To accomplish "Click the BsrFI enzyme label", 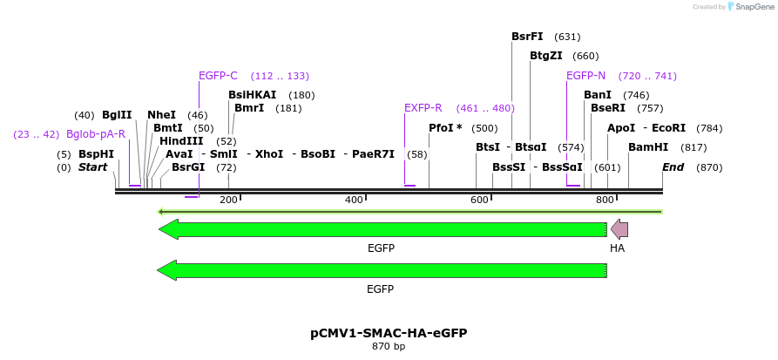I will click(527, 37).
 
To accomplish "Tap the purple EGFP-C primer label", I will click(218, 76).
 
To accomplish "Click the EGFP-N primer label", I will click(585, 76).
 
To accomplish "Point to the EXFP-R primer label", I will click(423, 108).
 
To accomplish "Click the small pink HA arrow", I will click(619, 229).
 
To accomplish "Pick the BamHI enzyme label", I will click(648, 147).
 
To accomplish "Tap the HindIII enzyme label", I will click(181, 140).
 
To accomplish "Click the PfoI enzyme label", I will click(445, 127).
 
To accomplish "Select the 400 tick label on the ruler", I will click(354, 200).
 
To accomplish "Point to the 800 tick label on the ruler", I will click(605, 200).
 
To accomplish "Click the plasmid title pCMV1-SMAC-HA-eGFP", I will click(389, 333).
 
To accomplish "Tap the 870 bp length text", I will click(389, 347).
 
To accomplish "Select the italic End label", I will click(673, 166).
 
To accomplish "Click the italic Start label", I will click(92, 166).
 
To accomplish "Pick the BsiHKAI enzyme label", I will click(252, 95).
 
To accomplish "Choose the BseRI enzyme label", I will click(608, 108).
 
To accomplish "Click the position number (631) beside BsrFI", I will click(567, 37).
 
